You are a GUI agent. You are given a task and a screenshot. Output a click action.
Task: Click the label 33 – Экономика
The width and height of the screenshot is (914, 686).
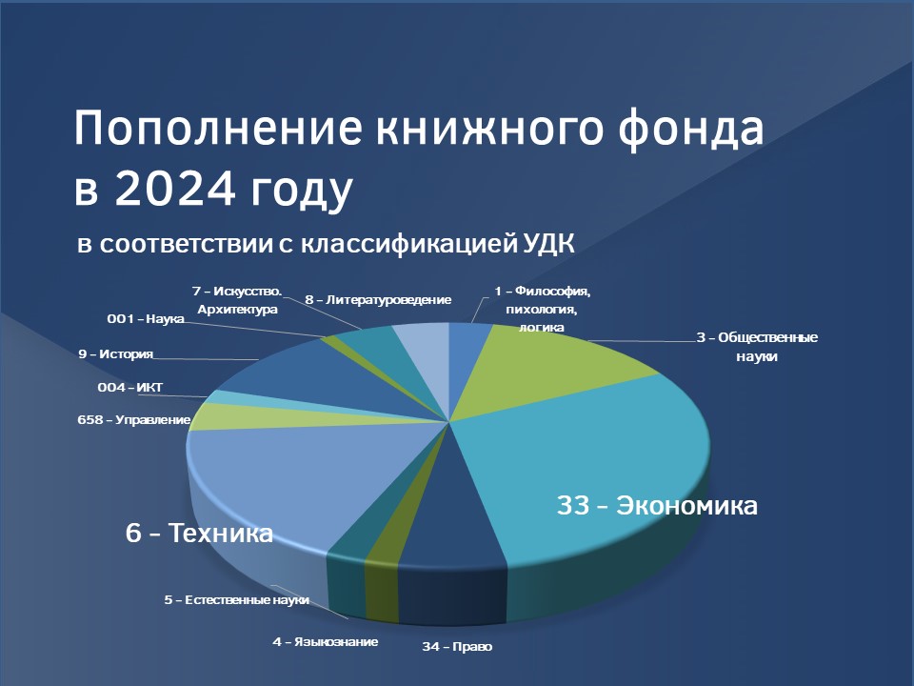[657, 505]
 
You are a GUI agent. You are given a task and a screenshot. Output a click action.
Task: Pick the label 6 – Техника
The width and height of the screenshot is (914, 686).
[199, 533]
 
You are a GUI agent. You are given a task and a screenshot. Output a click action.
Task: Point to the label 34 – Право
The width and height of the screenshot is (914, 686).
[457, 646]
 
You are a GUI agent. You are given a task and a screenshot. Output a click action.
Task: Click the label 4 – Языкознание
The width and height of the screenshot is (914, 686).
[326, 641]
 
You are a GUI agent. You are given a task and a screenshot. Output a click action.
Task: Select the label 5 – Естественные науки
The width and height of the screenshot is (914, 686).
[237, 599]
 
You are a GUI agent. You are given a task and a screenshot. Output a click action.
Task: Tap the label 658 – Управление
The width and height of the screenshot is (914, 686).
[134, 420]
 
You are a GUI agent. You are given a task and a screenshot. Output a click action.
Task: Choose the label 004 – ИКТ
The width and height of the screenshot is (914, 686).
[130, 387]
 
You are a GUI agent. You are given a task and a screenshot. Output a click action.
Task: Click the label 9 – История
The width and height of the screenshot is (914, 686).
[116, 354]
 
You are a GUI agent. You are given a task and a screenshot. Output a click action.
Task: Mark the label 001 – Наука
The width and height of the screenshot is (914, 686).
[146, 319]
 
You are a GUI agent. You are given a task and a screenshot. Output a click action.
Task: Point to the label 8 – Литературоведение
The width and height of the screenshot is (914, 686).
[378, 300]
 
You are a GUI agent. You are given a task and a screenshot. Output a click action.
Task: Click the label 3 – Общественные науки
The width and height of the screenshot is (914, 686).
[757, 347]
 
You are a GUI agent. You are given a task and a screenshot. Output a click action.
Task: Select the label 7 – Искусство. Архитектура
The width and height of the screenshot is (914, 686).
[237, 300]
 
